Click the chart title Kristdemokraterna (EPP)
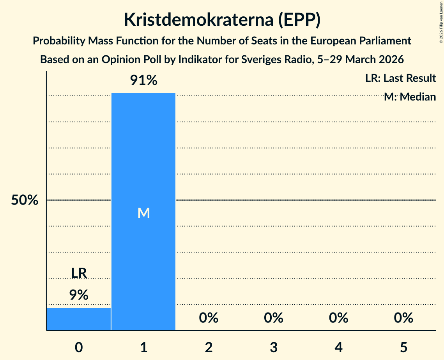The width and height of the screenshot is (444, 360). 222,20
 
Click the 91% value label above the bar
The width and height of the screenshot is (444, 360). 143,81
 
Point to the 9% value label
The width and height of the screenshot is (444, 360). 79,295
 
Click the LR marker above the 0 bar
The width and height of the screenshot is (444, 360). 79,273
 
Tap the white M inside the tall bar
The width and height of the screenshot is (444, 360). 143,213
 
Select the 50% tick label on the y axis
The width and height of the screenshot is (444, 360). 25,200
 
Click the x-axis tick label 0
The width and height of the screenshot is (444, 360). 79,347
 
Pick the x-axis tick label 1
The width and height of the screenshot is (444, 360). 143,347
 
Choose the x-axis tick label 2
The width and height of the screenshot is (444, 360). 209,347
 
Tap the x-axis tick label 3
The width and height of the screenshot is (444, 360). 273,347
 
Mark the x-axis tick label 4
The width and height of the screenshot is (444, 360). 338,347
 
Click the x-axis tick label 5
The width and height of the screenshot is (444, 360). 403,347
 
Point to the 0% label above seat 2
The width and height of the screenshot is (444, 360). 209,318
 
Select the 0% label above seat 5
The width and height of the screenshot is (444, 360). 403,318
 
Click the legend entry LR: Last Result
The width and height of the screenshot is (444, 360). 400,78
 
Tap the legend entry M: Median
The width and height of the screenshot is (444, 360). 410,97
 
